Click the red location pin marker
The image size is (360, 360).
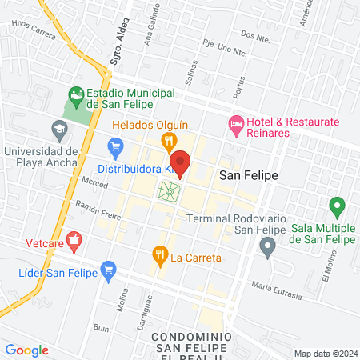(181, 162)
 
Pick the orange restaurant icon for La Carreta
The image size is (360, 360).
(159, 256)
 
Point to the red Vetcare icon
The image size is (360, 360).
(74, 238)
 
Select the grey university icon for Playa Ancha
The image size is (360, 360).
(58, 128)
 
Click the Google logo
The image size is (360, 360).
(26, 350)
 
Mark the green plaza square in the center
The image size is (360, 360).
(169, 191)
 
